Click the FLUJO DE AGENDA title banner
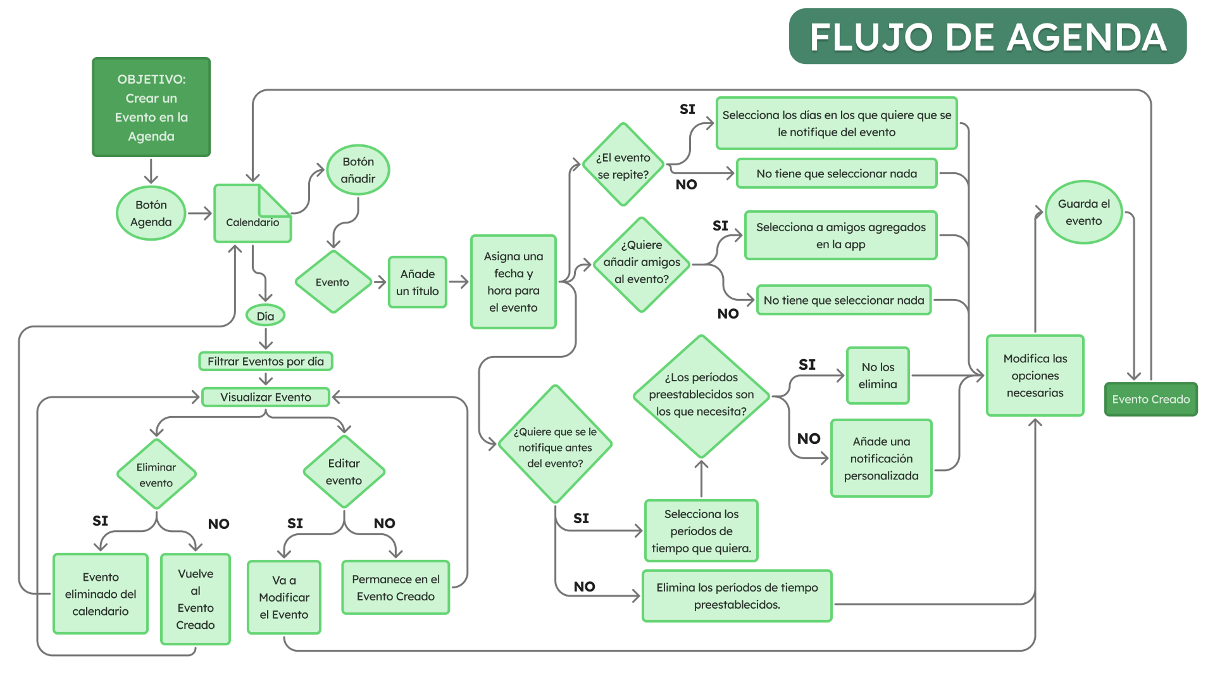click(987, 36)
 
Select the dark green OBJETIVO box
click(151, 107)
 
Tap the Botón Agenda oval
click(151, 213)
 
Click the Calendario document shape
click(252, 213)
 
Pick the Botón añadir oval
click(358, 170)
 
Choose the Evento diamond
click(333, 282)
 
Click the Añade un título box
click(418, 282)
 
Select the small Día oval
click(266, 315)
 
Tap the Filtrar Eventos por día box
click(266, 361)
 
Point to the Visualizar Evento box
click(266, 397)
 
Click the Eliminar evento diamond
click(156, 474)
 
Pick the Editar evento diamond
click(344, 472)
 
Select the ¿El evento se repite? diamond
click(623, 165)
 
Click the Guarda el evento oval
click(1084, 212)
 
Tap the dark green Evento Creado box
click(1151, 399)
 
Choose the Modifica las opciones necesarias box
click(1035, 376)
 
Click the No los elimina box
click(878, 376)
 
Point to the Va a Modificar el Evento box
click(284, 597)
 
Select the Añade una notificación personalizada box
click(882, 458)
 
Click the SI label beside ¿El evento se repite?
click(687, 109)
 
